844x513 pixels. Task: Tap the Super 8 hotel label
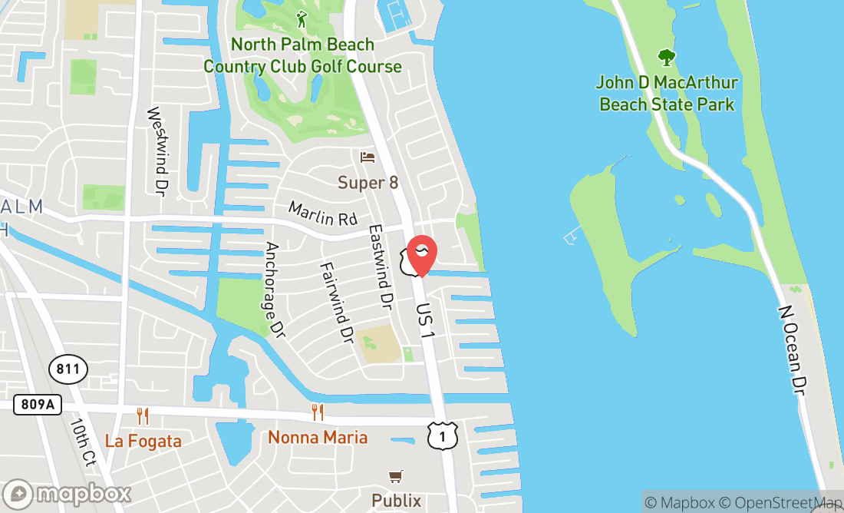point(368,183)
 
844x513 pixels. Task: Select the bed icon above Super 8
point(368,157)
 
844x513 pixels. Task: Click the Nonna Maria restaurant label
point(318,438)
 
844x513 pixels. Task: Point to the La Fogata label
point(143,442)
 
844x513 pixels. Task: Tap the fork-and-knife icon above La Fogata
point(143,416)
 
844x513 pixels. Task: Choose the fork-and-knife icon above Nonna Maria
point(318,412)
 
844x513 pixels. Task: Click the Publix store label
point(397,501)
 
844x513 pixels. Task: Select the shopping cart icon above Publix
point(396,477)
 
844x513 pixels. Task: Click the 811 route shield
point(68,369)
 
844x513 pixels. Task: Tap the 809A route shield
point(38,405)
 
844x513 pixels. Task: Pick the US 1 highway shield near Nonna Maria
point(443,435)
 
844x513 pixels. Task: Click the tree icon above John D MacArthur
point(667,56)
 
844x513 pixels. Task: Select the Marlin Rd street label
point(323,213)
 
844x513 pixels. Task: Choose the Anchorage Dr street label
point(274,290)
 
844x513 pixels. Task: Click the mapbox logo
point(67,493)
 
